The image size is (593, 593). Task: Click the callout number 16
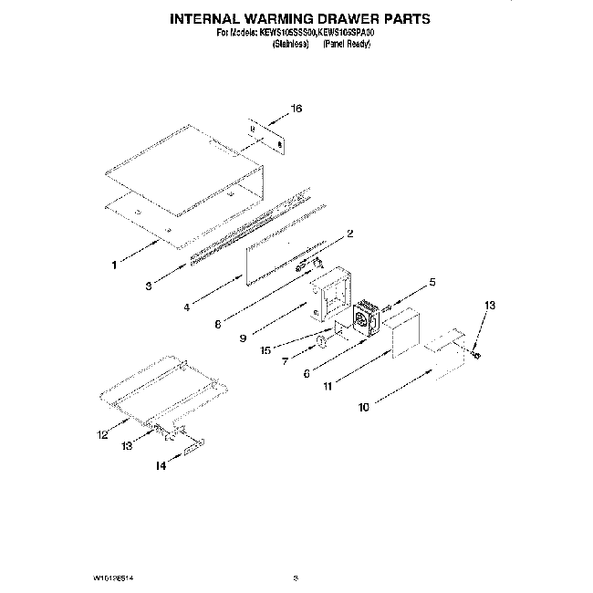pos(295,109)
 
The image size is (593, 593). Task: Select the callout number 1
pos(114,265)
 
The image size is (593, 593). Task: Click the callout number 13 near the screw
pos(491,305)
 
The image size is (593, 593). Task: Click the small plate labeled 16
pos(265,135)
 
